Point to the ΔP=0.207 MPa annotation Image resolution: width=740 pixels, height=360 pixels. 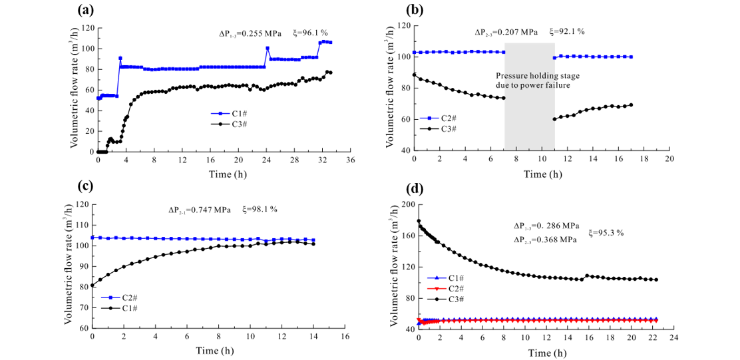pyautogui.click(x=506, y=32)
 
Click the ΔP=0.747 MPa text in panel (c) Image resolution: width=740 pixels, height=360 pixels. pyautogui.click(x=199, y=210)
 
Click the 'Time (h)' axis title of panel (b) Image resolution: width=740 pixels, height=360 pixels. pyautogui.click(x=542, y=174)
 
